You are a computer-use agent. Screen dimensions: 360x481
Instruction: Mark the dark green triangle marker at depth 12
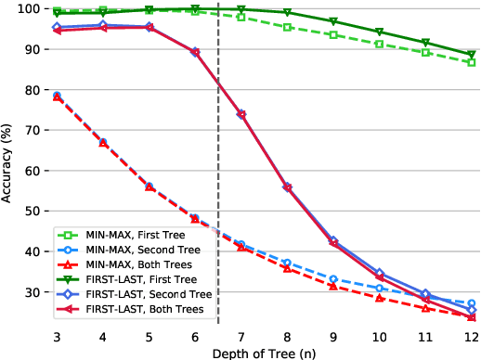(x=471, y=55)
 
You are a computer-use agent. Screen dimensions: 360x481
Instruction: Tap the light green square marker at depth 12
(x=471, y=63)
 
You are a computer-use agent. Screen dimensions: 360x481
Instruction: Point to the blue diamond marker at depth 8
(x=287, y=186)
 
